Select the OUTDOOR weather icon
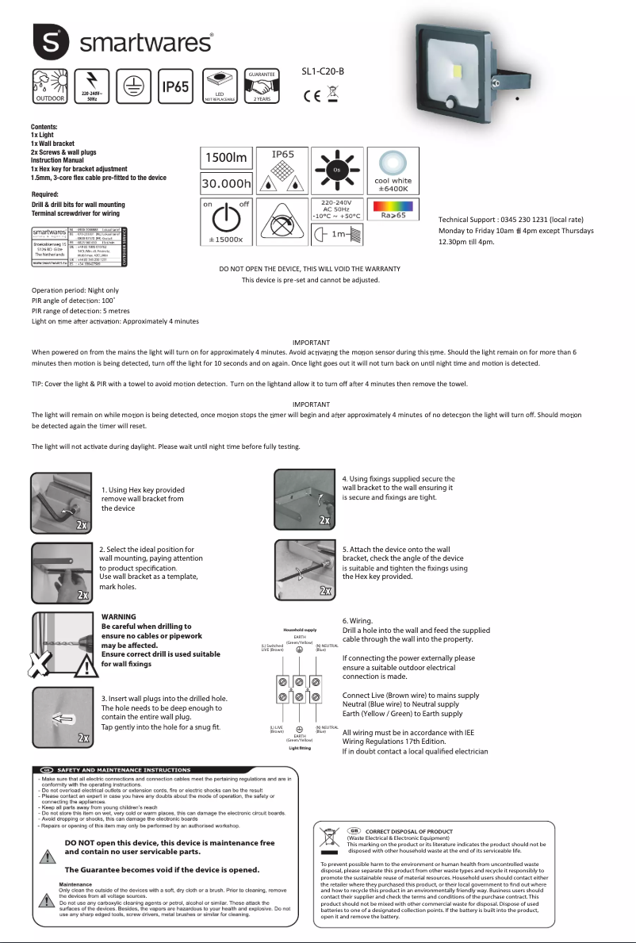(49, 86)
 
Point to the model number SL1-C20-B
(323, 71)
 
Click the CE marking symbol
(312, 96)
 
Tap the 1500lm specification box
(226, 158)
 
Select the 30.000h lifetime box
(226, 185)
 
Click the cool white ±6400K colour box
(393, 171)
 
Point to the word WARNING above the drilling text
(119, 616)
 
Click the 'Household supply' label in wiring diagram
(300, 630)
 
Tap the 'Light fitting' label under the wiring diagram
(300, 748)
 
